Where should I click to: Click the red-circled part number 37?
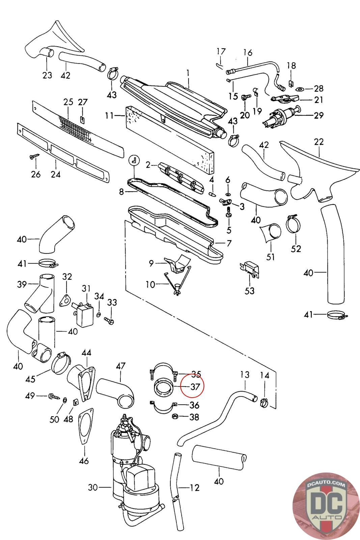point(195,386)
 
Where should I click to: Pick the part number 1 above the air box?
point(188,72)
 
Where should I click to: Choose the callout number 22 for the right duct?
point(319,142)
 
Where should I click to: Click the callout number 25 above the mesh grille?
point(68,102)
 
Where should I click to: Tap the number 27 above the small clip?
point(83,102)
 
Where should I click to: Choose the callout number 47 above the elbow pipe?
point(120,366)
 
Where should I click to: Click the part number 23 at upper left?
point(48,75)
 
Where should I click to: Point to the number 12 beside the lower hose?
point(194,487)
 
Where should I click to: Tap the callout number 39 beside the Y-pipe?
point(22,285)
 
